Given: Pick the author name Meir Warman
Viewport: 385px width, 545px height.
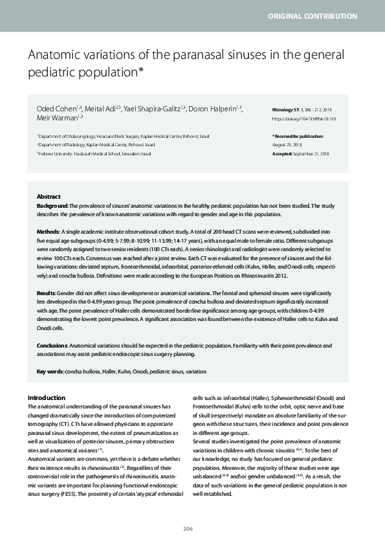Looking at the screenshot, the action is [57, 118].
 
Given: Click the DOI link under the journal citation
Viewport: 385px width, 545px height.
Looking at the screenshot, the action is [305, 119].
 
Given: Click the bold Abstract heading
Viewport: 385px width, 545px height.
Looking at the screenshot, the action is [49, 196].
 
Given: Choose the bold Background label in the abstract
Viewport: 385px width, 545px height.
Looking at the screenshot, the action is [52, 205].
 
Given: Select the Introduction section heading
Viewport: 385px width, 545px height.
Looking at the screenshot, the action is [47, 397].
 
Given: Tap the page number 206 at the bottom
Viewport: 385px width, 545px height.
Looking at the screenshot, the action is [188, 529].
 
